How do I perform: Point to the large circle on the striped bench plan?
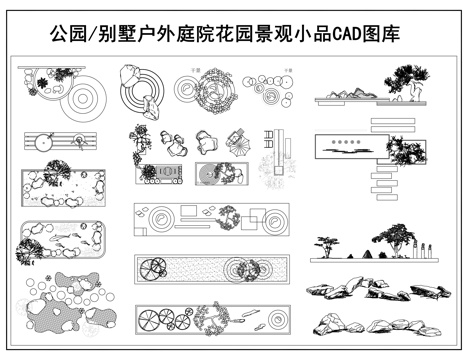44,143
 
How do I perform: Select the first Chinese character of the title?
59,34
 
